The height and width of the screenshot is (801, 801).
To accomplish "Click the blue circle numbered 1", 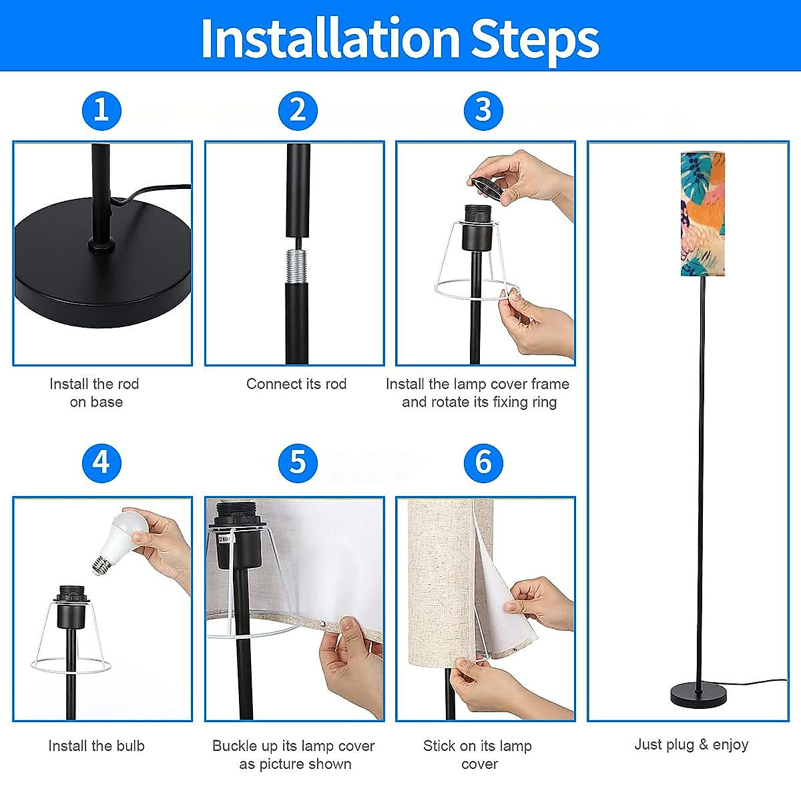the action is point(102,111).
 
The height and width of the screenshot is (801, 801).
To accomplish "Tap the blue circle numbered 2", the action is point(298,111).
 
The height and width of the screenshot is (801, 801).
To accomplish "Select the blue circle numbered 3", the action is point(483,111).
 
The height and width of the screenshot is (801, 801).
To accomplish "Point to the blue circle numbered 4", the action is point(102,463).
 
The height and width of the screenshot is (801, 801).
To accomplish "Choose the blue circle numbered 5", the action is point(298,463).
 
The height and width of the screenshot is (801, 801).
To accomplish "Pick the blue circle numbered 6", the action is point(483,463).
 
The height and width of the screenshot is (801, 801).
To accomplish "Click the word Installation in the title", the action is point(330,38).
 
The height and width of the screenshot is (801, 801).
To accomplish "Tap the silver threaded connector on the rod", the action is point(297,266).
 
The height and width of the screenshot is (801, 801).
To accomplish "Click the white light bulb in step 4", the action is point(119,543).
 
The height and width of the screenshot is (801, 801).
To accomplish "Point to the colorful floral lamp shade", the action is point(702,214).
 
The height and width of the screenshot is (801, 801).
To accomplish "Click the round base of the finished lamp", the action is point(699,695).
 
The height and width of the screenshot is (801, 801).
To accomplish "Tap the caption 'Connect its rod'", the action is point(296,384).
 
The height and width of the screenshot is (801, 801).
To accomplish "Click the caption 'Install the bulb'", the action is point(96,746).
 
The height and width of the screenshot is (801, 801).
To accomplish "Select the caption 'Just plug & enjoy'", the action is point(692,744).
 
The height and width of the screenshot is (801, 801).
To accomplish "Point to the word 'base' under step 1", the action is point(106,402).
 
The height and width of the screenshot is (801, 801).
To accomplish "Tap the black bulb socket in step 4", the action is point(71,607).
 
